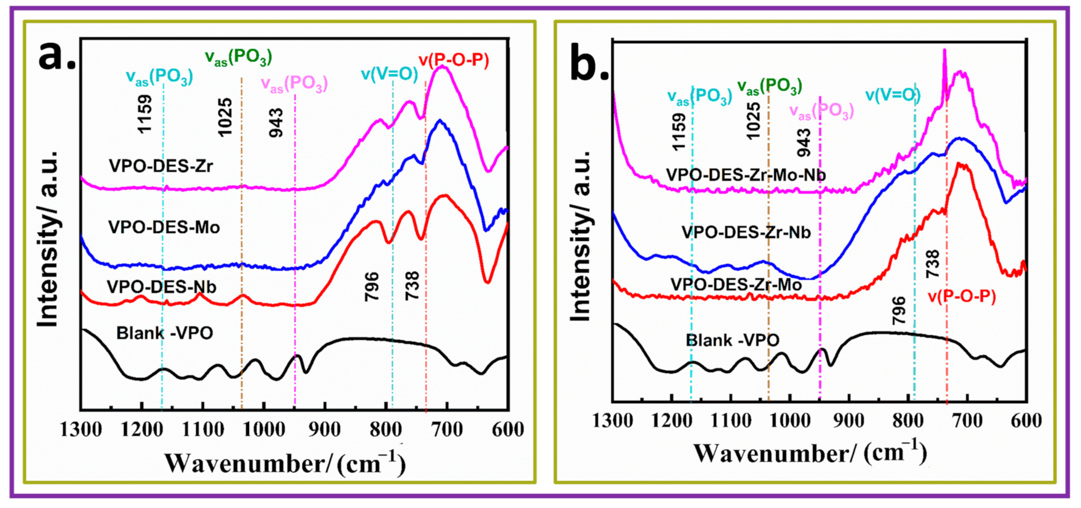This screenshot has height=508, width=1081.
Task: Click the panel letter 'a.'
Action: point(57,56)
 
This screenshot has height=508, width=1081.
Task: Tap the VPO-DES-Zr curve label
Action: point(161,166)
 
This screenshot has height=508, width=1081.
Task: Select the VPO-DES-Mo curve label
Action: point(164,227)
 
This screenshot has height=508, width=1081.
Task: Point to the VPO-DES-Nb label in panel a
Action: point(161,287)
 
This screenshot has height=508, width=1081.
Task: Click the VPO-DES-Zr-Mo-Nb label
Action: point(745,175)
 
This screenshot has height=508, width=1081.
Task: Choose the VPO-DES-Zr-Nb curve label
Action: point(746,232)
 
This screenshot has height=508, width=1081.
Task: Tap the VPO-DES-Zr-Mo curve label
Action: point(736,285)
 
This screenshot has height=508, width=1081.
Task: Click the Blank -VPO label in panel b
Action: point(732,340)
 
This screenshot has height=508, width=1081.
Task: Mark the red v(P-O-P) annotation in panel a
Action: point(453,61)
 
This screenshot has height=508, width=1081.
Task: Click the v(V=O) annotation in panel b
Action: point(892,95)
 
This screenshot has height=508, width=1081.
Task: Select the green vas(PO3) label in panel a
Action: point(238,57)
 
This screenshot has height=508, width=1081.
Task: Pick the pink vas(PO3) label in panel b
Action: point(821,111)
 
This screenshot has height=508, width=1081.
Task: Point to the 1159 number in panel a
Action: point(145,114)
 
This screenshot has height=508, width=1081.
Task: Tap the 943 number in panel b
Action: point(804,143)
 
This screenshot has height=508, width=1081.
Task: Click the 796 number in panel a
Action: point(372,286)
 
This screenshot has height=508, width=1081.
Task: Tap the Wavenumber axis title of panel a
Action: point(285,463)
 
